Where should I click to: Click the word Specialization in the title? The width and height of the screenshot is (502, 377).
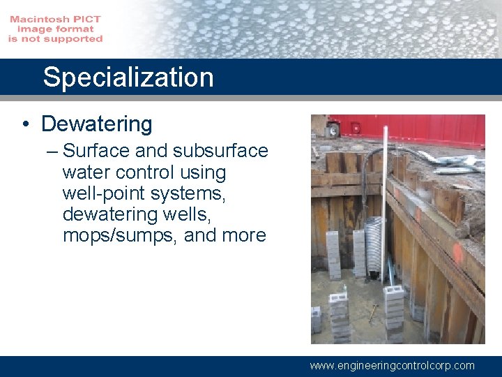point(128,77)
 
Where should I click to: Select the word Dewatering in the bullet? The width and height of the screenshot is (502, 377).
point(96,124)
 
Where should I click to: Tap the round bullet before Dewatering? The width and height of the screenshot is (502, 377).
point(26,125)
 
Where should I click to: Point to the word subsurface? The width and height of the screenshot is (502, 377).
point(220,151)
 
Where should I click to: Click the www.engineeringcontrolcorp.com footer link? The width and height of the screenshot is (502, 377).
point(392,365)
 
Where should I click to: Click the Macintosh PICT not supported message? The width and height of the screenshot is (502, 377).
point(56,29)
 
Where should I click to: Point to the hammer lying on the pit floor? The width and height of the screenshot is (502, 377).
point(373,312)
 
